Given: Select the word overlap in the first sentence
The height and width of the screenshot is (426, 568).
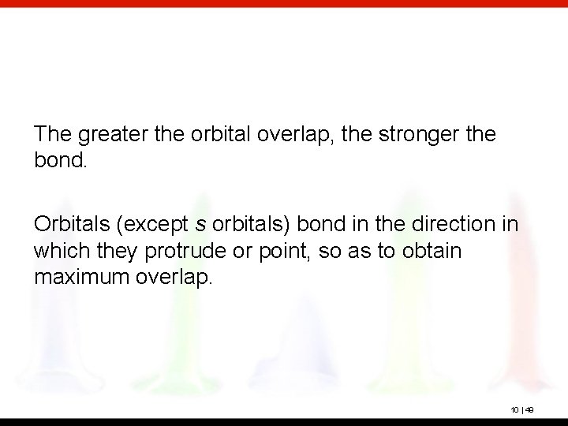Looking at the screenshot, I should tap(301, 135).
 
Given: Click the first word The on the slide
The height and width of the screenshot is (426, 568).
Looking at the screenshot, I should tap(52, 135).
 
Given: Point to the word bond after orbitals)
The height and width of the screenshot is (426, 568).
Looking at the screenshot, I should tap(318, 225).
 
